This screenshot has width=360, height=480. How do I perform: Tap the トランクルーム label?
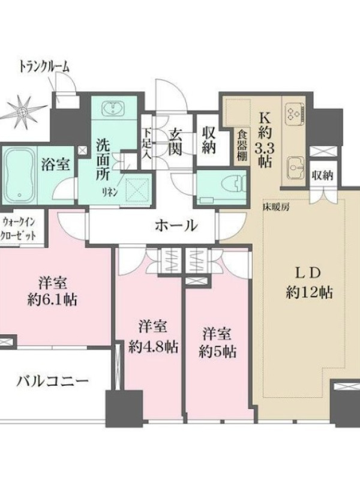(44, 67)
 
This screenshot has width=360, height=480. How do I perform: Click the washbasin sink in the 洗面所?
(113, 108)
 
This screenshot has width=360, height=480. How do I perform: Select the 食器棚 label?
(242, 146)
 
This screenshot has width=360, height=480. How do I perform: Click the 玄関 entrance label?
(176, 142)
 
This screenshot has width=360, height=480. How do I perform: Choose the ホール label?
(176, 226)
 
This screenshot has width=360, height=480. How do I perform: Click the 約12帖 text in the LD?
(310, 293)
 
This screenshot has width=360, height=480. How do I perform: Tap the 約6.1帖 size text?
(52, 301)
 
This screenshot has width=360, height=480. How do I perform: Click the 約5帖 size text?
(217, 352)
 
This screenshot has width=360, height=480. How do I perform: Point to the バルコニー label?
(53, 382)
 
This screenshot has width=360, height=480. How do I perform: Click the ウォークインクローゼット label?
(19, 229)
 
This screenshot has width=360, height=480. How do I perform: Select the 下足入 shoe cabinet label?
(147, 143)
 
